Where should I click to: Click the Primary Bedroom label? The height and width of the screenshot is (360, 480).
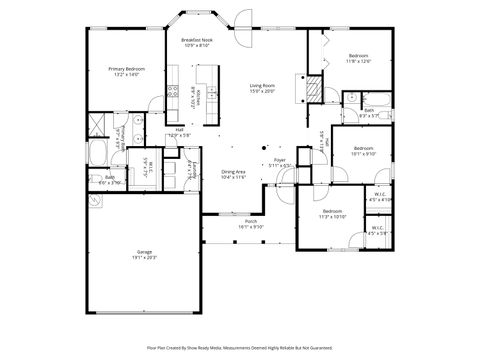(124, 71)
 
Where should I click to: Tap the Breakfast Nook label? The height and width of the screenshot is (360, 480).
(196, 42)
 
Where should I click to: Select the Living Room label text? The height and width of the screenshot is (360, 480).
(262, 88)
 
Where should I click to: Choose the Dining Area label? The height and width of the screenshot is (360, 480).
(234, 173)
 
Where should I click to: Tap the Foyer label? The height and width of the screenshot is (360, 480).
(280, 162)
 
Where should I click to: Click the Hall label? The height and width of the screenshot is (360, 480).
(179, 131)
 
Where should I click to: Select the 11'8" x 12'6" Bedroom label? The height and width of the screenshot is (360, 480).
(358, 57)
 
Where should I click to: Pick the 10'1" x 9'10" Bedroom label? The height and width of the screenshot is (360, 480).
(363, 151)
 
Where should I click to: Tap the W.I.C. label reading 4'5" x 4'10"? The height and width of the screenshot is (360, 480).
(380, 196)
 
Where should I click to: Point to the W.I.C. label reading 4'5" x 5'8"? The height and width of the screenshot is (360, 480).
(379, 230)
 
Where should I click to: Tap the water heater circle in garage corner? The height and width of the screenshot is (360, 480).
(96, 200)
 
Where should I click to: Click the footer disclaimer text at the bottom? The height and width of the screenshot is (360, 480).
(239, 348)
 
